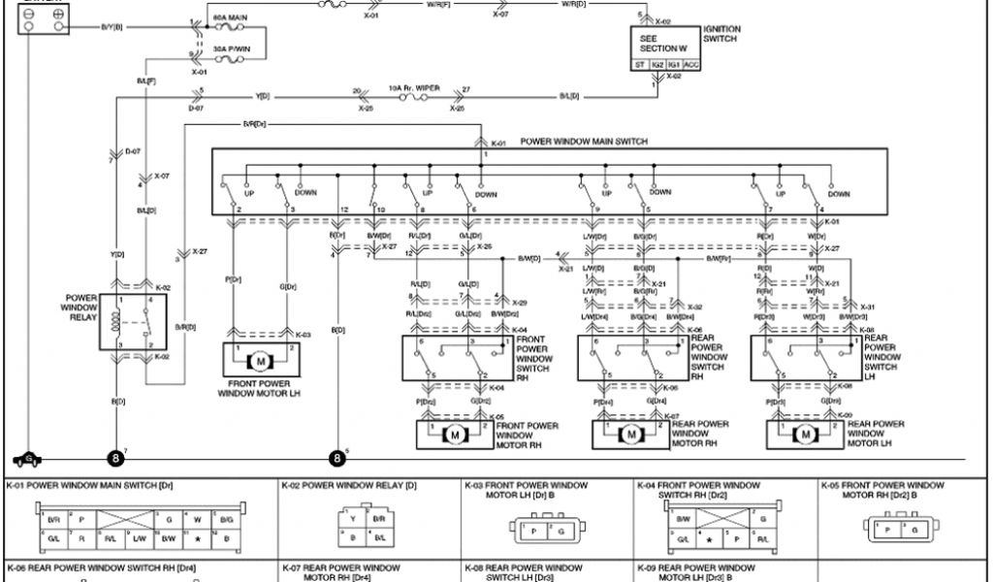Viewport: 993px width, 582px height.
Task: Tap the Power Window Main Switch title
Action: pos(584,142)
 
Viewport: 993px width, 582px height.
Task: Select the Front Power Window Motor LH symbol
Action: pos(260,361)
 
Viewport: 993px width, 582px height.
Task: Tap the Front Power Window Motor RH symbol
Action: pos(454,435)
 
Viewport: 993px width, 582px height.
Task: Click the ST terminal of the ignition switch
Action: pos(641,65)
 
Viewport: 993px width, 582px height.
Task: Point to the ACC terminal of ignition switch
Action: pos(691,65)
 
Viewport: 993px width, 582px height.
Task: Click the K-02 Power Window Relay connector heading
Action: pos(349,484)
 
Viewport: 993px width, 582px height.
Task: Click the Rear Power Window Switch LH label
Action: pos(881,359)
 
